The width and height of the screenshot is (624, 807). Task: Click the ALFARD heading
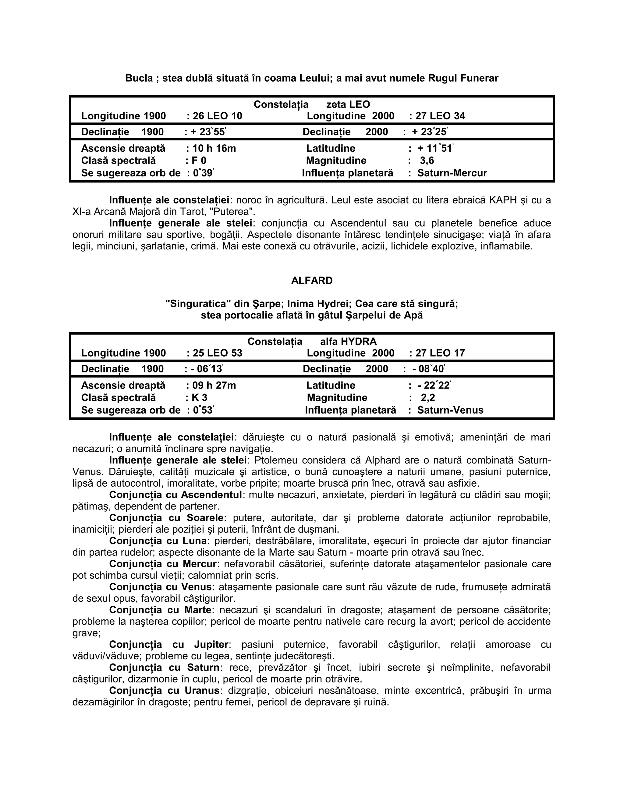point(312,280)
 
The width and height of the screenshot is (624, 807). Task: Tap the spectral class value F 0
point(199,160)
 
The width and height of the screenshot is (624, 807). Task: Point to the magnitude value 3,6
point(427,160)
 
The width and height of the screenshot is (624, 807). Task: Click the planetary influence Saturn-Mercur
point(452,173)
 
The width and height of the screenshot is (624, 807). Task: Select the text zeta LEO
point(348,104)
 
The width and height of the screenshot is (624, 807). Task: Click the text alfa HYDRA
point(348,341)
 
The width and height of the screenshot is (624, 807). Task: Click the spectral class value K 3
point(199,398)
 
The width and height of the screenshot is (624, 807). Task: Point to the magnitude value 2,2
point(428,398)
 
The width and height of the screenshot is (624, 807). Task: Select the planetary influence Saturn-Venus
point(450,410)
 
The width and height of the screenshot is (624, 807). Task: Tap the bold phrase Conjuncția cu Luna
point(158,541)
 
